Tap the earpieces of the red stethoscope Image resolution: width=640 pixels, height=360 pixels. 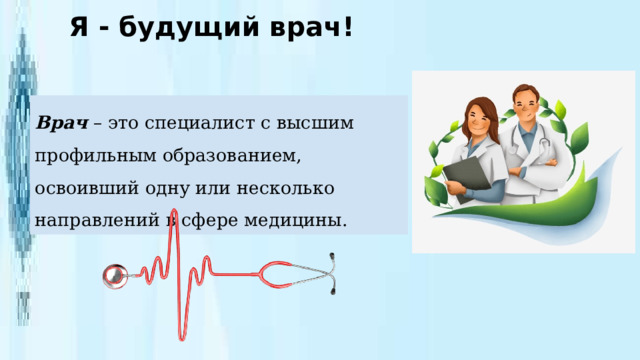[334, 274]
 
